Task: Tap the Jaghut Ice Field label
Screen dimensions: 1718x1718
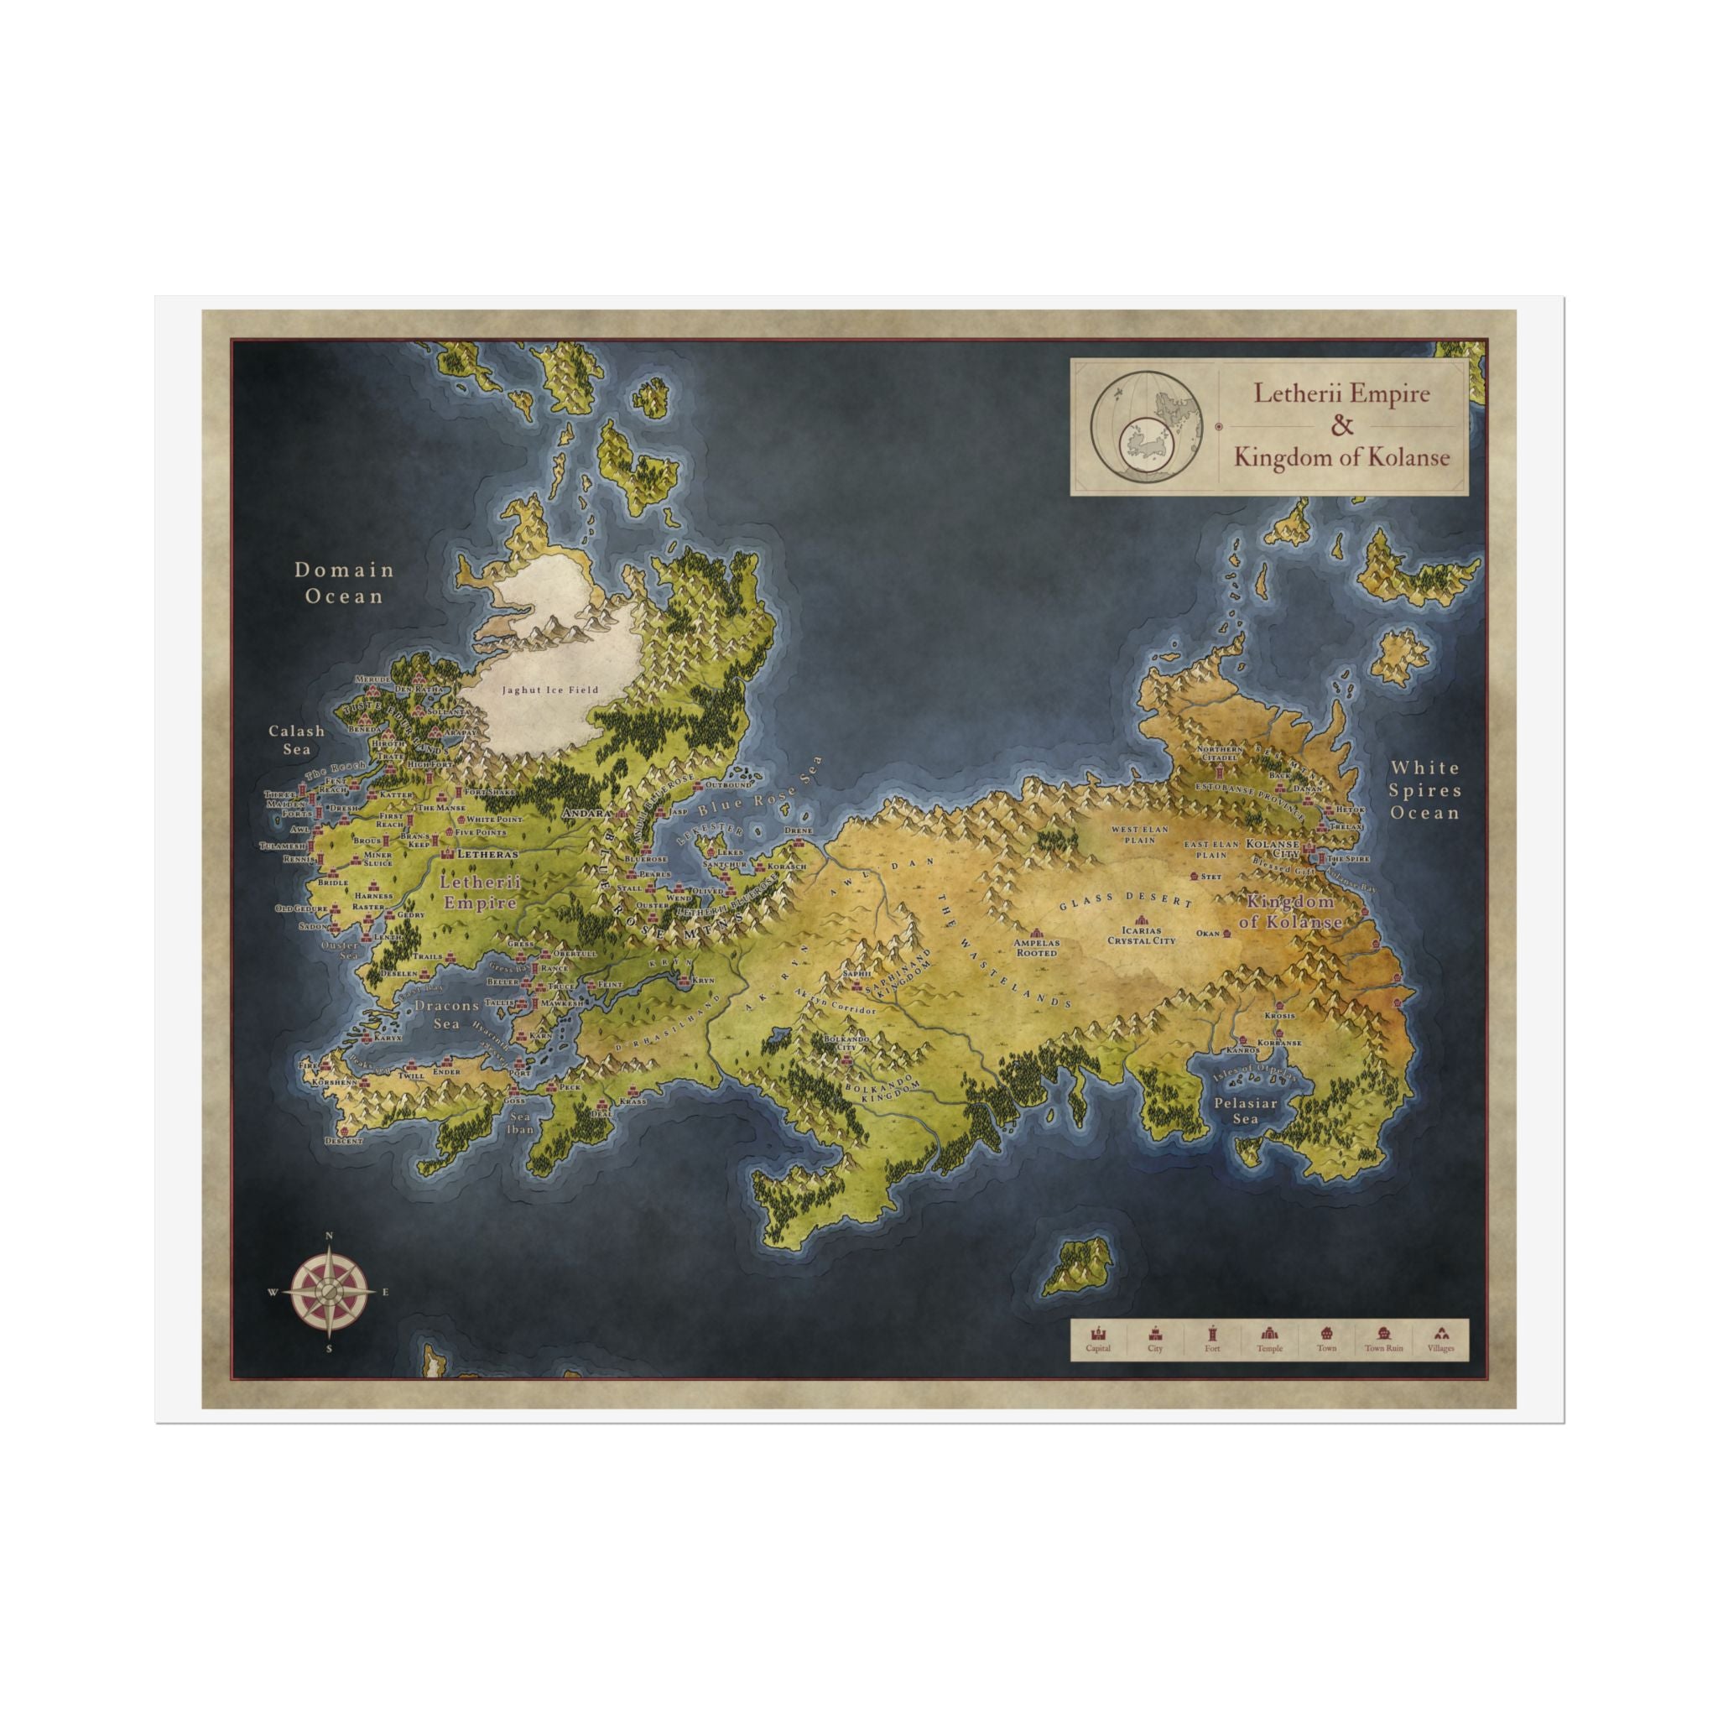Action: (x=549, y=690)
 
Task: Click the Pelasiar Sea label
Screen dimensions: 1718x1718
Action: (x=1245, y=1111)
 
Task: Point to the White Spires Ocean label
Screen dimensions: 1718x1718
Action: (x=1424, y=789)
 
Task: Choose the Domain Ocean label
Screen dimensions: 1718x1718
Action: (x=344, y=582)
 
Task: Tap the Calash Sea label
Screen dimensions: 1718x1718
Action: (x=297, y=739)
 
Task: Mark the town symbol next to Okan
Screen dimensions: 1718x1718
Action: (x=1226, y=934)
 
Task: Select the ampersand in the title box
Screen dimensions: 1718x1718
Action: (x=1341, y=425)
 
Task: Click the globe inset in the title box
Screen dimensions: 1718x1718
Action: (x=1147, y=426)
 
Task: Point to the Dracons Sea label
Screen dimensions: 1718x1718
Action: (x=446, y=1013)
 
